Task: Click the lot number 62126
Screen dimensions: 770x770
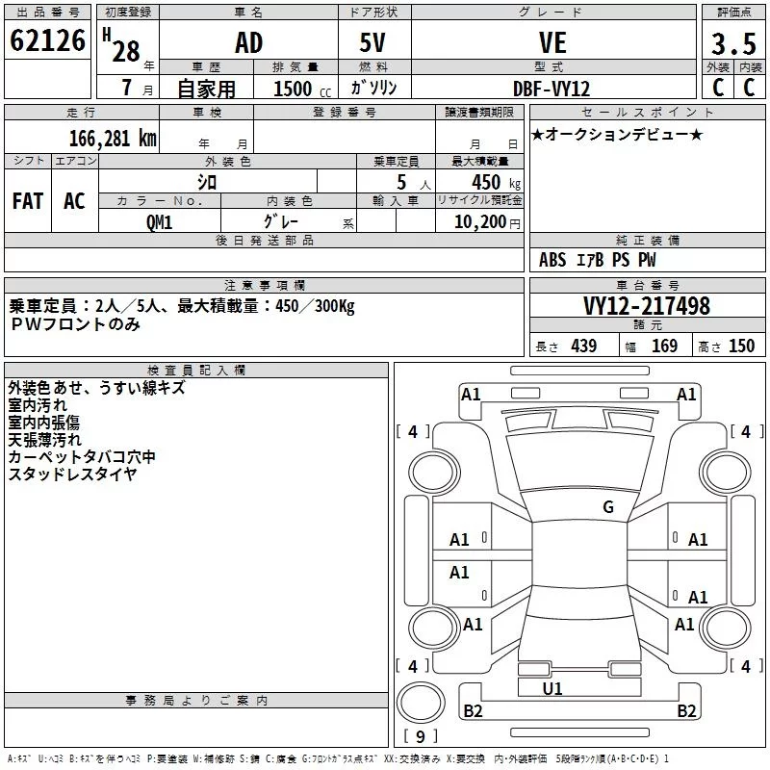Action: coord(47,40)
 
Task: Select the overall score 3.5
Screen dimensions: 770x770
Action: coord(733,43)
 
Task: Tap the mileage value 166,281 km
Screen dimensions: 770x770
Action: coord(113,139)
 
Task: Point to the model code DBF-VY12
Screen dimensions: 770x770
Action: coord(551,89)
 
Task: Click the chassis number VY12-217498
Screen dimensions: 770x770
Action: coord(647,306)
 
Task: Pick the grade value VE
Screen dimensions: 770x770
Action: coord(552,42)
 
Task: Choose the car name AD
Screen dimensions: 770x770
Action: coord(249,42)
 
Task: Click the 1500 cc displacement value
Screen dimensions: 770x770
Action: coord(302,89)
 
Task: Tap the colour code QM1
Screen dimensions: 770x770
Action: coord(159,222)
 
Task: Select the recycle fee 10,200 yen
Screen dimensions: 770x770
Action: coord(487,222)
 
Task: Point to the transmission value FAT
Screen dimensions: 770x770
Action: coord(28,201)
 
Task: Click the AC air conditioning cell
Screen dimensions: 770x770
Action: coord(75,201)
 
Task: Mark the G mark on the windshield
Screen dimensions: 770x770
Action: coord(608,507)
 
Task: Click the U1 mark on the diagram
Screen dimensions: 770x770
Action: coord(552,688)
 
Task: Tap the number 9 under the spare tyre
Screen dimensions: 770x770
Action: coord(421,736)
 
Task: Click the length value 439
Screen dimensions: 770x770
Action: coord(584,346)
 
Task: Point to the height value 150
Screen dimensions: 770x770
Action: coord(741,346)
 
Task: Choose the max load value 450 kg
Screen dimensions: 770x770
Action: coord(496,183)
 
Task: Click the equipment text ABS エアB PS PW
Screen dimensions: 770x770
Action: coord(597,260)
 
